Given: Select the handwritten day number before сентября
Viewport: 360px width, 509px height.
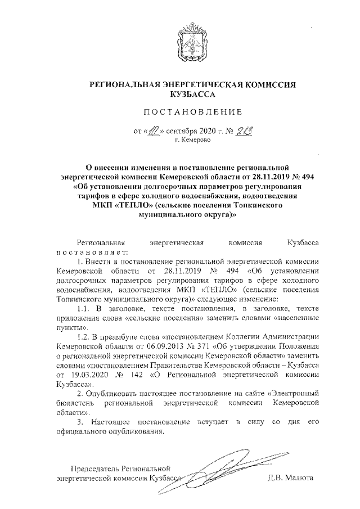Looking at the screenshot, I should click(x=154, y=132).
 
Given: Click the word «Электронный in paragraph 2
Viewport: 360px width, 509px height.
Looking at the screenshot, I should click(x=294, y=394).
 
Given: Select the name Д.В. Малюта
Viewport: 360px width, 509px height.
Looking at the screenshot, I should click(x=292, y=479).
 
